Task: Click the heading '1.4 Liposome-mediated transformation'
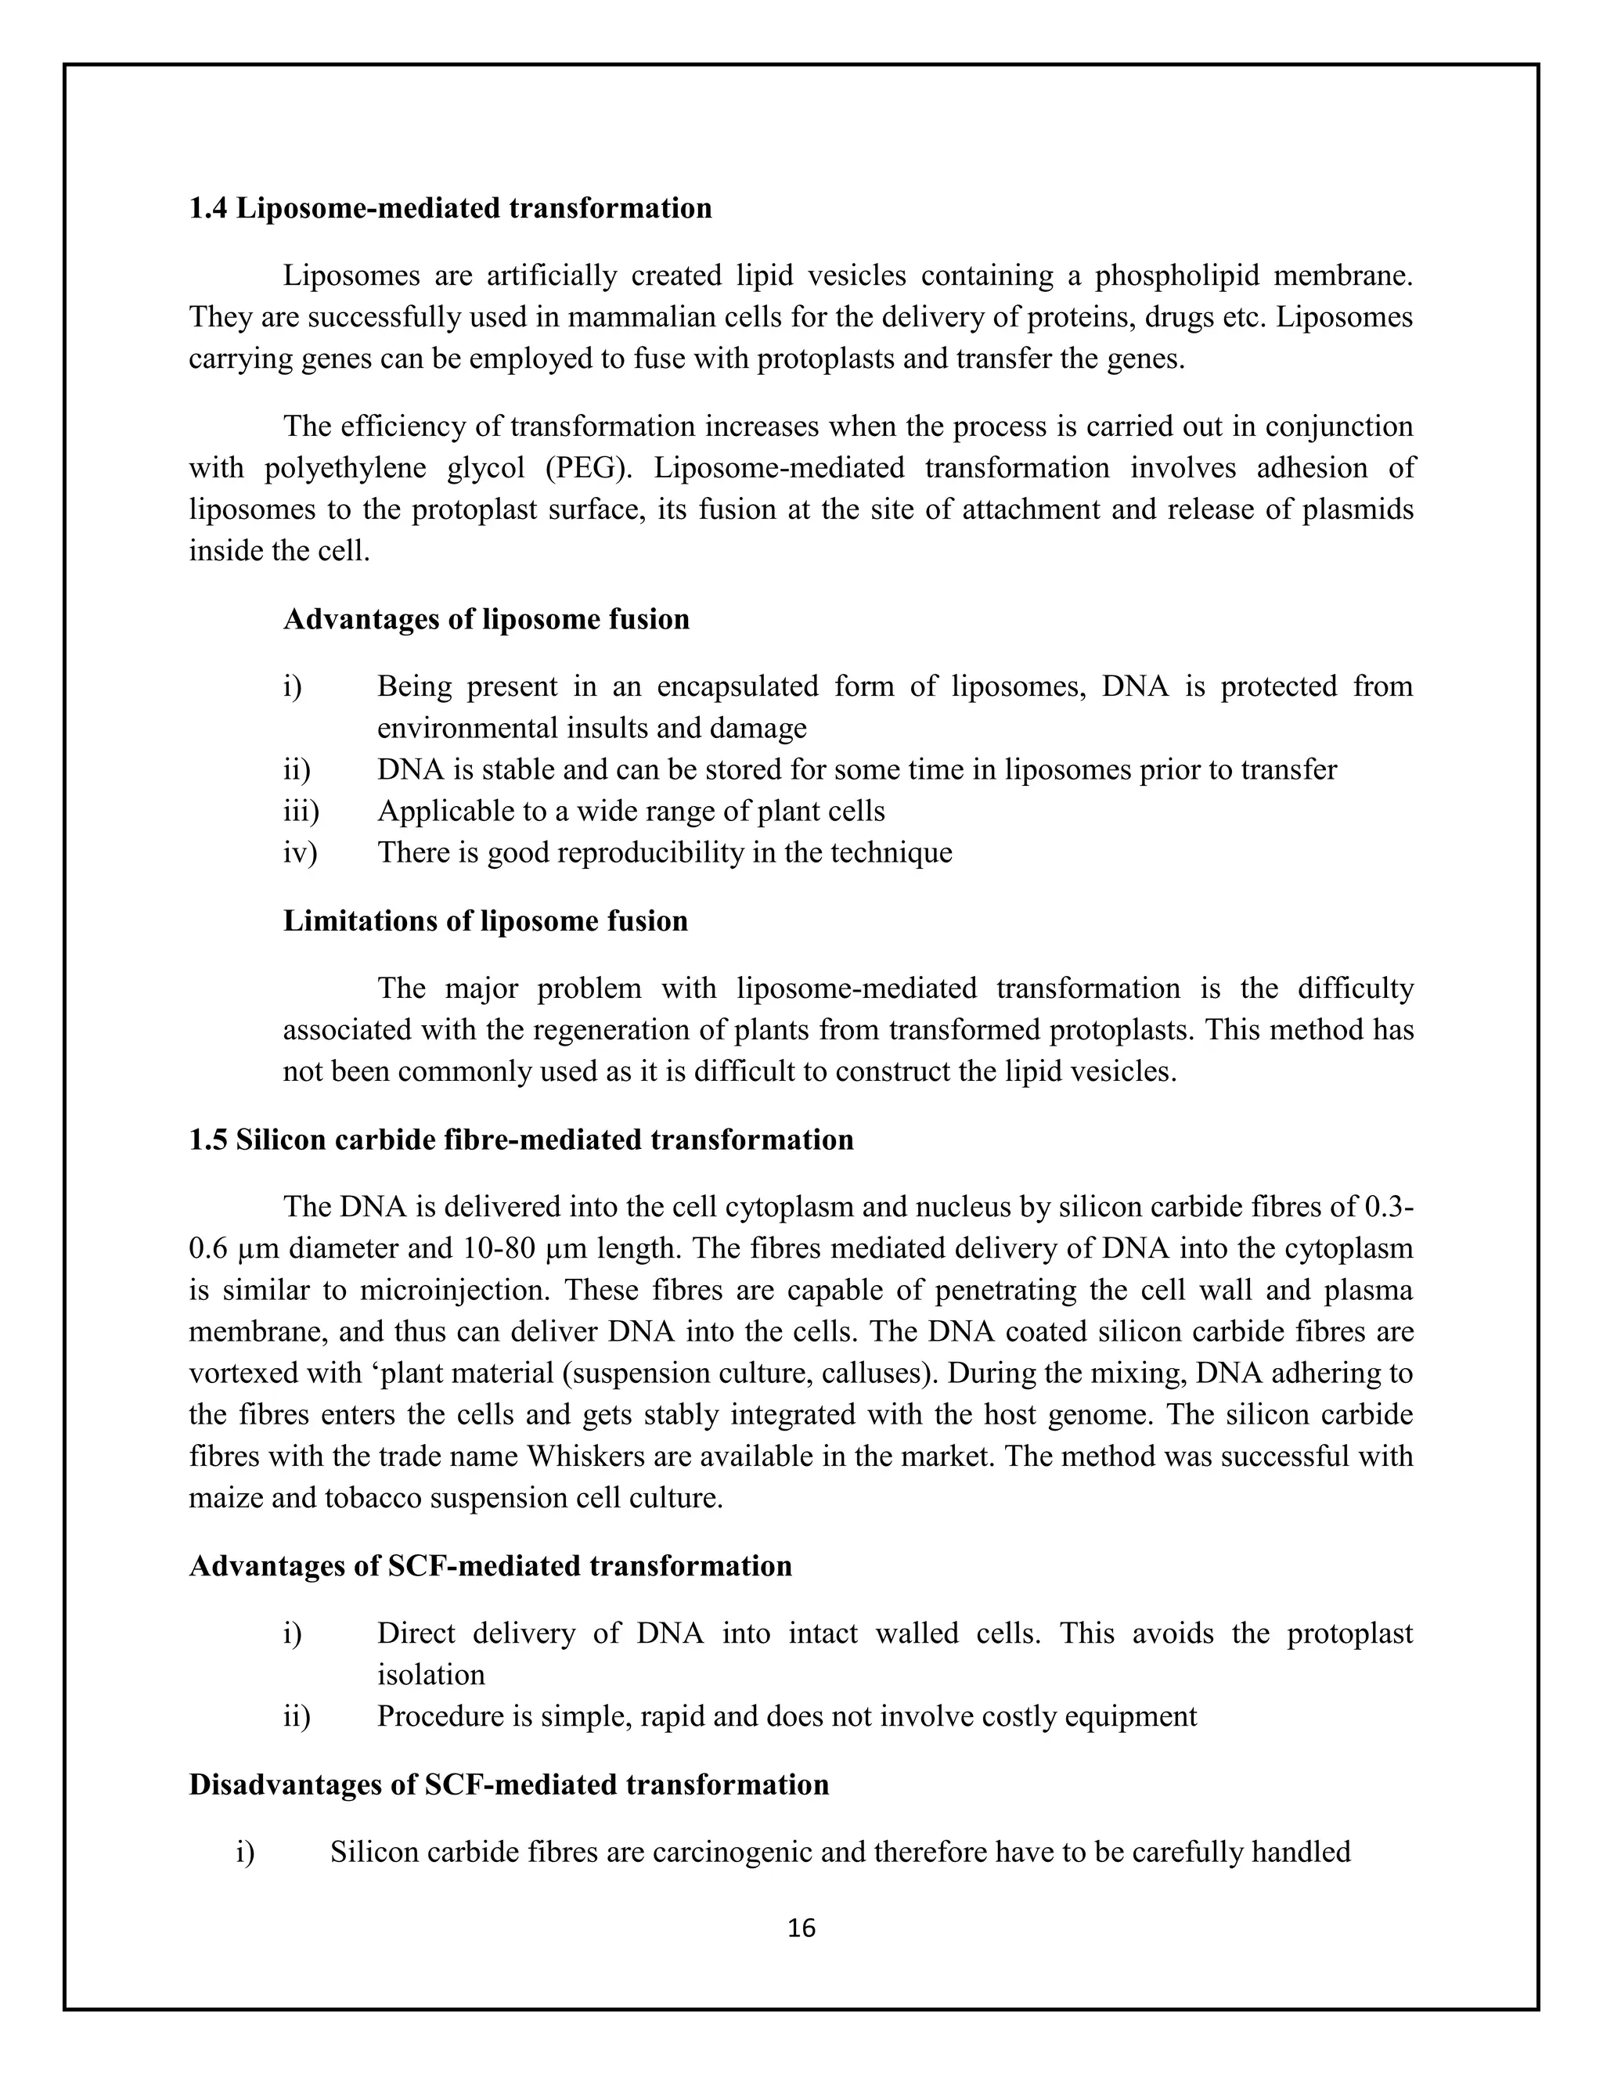click(x=450, y=208)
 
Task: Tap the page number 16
click(x=801, y=1928)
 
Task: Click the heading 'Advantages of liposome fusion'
click(x=486, y=620)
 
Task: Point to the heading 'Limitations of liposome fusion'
click(x=485, y=921)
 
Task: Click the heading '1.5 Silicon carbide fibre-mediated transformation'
click(x=521, y=1140)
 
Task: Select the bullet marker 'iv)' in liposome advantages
click(x=299, y=853)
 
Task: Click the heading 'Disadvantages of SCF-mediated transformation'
click(x=509, y=1784)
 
